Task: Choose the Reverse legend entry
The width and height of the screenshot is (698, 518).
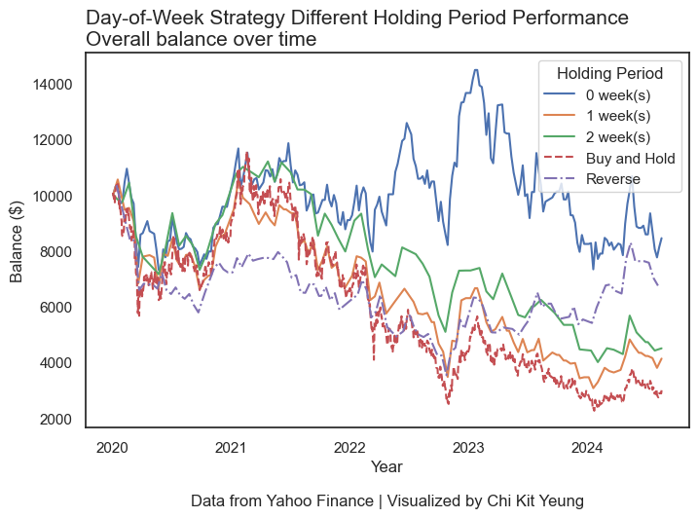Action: [x=612, y=179]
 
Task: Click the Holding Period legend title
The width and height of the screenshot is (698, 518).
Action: [x=609, y=73]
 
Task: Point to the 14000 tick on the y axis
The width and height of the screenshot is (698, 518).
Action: [x=52, y=85]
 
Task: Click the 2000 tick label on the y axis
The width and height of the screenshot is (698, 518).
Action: [x=55, y=420]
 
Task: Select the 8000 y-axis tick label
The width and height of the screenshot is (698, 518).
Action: [x=55, y=252]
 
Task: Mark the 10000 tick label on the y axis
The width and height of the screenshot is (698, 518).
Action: [x=52, y=197]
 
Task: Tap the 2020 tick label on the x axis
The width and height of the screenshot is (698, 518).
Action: [x=112, y=448]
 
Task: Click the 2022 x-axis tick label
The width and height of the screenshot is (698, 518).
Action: [x=349, y=448]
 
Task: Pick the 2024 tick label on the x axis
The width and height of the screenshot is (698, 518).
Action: [x=587, y=448]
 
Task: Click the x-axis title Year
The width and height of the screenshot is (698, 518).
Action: [x=386, y=467]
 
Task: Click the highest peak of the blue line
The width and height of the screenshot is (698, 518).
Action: [x=475, y=69]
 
